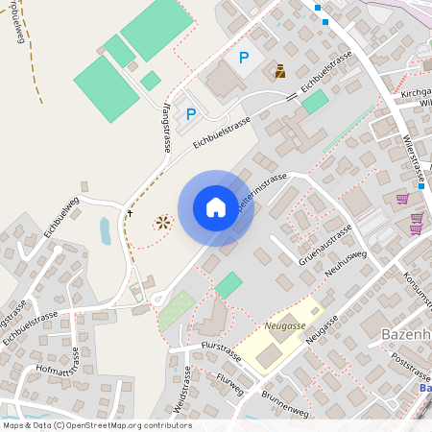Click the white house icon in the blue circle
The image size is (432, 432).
(x=216, y=206)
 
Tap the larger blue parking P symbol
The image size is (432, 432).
(x=244, y=59)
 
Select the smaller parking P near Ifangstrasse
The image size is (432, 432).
(x=190, y=114)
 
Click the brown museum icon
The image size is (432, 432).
(x=279, y=71)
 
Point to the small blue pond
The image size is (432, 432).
(x=105, y=230)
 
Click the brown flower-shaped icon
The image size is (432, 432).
(x=162, y=222)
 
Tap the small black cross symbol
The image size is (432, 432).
(x=130, y=210)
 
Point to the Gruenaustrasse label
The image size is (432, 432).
(x=324, y=246)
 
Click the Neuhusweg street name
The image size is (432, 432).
(x=348, y=266)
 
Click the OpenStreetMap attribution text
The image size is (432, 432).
(x=97, y=425)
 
